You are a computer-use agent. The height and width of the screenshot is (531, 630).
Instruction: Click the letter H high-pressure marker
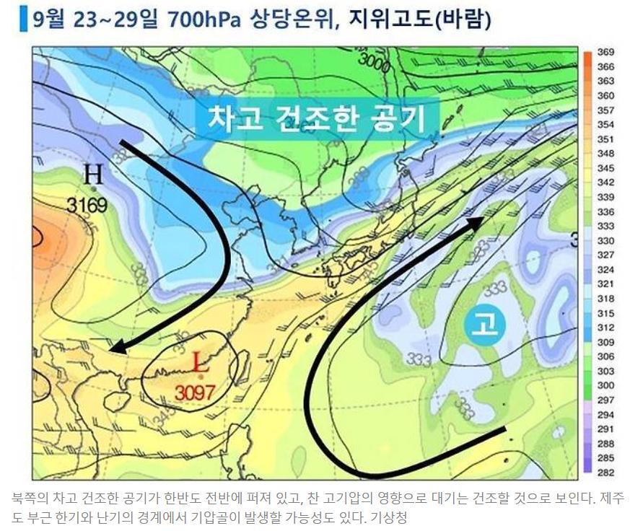tap(93, 175)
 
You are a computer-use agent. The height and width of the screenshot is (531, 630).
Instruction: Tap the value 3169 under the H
tap(87, 206)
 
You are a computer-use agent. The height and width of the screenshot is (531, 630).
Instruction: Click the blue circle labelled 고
tap(484, 326)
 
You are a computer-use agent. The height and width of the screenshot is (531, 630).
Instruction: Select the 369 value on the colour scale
tap(605, 53)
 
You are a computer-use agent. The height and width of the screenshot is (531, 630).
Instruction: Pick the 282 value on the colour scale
tap(605, 473)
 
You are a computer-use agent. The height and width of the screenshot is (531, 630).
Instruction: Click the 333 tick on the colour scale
tap(605, 226)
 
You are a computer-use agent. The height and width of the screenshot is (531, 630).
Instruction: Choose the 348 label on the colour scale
tap(605, 154)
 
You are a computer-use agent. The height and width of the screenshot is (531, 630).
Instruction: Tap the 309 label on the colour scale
tap(605, 342)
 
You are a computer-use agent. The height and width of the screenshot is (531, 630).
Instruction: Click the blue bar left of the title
tap(23, 19)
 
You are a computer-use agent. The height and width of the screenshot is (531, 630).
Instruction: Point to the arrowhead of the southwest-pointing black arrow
tap(115, 349)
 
